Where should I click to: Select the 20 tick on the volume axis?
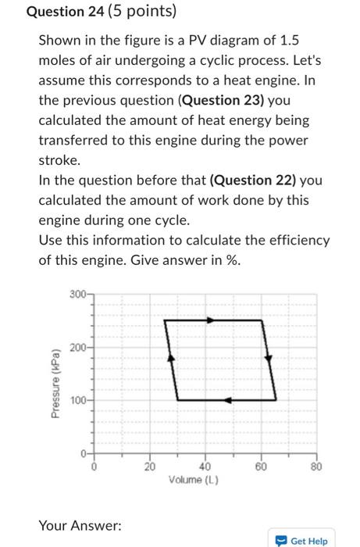tap(150, 467)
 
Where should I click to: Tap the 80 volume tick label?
tap(317, 467)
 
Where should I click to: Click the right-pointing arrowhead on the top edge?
tap(209, 319)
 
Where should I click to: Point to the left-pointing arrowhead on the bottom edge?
tap(227, 399)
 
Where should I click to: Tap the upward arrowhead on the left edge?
tap(173, 357)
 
